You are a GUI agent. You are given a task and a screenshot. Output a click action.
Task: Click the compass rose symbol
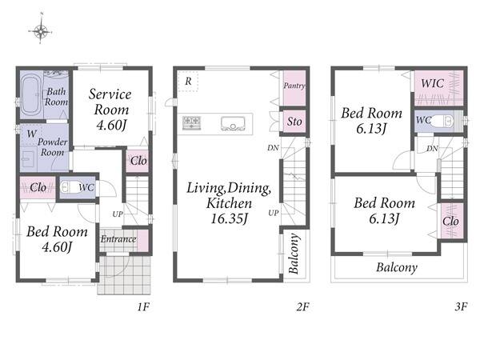(x=41, y=30)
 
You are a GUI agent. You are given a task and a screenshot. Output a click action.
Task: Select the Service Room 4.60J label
(x=110, y=110)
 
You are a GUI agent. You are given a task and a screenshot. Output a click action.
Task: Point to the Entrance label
(x=118, y=238)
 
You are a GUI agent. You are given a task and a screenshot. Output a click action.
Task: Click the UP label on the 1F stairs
(x=118, y=214)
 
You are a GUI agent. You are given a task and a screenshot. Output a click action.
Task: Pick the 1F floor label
(x=143, y=306)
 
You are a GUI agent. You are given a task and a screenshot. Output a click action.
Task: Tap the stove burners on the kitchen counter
(x=192, y=123)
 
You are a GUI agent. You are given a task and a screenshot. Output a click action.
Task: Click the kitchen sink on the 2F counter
(x=233, y=124)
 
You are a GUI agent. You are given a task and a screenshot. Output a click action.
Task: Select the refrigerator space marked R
(x=188, y=81)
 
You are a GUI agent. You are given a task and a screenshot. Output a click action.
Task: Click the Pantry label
(x=294, y=86)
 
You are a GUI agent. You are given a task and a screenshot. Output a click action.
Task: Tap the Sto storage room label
(x=294, y=122)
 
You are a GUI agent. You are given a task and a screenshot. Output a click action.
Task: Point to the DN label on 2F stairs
(x=273, y=148)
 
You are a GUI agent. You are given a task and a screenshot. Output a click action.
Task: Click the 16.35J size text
(x=229, y=218)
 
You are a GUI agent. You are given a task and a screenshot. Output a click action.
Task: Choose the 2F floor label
(x=302, y=306)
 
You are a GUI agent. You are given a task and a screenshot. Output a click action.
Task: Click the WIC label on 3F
(x=432, y=83)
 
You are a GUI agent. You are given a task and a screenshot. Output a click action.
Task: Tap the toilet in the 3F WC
(x=442, y=121)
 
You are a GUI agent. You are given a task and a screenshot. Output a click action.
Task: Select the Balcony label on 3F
(x=397, y=267)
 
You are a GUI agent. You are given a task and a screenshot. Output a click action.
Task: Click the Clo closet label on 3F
(x=450, y=221)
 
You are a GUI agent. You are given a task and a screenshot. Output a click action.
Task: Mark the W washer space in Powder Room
(x=32, y=134)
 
